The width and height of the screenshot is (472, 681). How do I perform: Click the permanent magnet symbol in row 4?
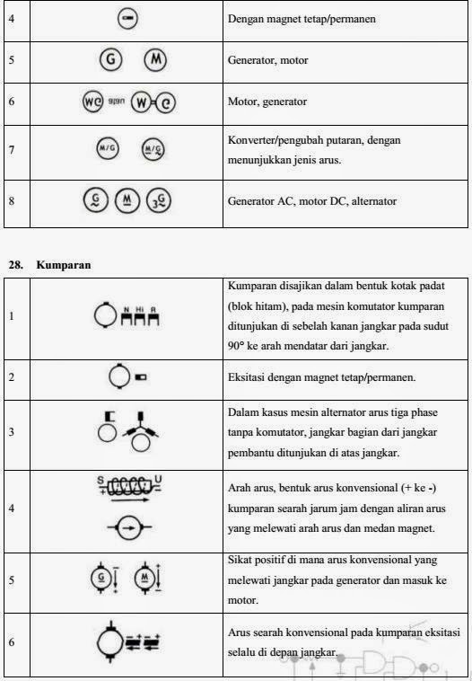[x=128, y=19]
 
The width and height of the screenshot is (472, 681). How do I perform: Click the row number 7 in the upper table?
[x=12, y=148]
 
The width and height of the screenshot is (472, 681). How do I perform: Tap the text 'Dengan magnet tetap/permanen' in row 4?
[x=300, y=19]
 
